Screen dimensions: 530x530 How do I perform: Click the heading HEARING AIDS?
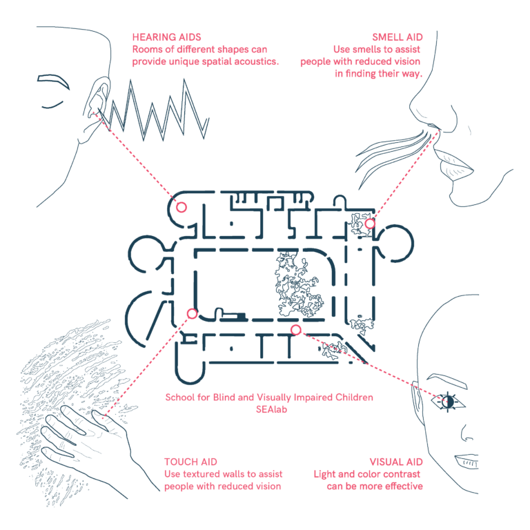(166, 37)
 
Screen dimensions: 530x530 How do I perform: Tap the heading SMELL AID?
(397, 37)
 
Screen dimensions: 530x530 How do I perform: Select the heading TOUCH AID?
(190, 462)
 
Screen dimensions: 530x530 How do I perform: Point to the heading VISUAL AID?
(396, 462)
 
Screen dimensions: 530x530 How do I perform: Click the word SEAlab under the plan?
(271, 409)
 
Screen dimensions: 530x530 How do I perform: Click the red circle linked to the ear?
(181, 207)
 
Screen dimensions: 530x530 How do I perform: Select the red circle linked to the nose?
(370, 224)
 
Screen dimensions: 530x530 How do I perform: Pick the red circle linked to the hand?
(193, 314)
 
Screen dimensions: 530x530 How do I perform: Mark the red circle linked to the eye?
(296, 330)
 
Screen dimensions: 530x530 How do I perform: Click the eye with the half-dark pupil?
(448, 402)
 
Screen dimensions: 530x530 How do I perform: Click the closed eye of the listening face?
(52, 105)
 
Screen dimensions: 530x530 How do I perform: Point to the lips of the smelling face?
(453, 165)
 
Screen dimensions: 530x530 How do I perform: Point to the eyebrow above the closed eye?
(54, 81)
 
